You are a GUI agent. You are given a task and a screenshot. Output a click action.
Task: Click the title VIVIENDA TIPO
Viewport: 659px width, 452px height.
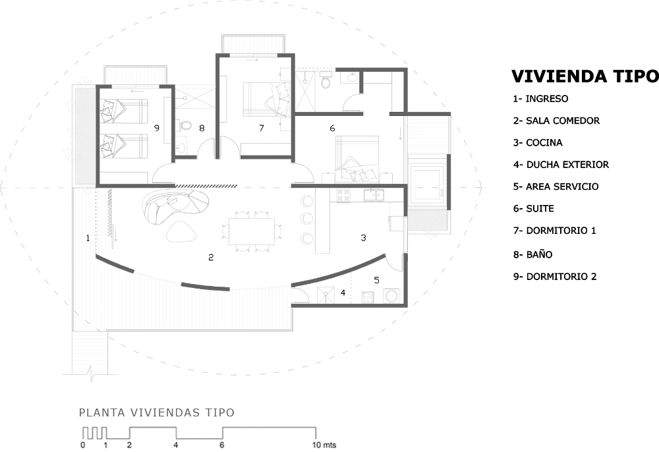click(585, 76)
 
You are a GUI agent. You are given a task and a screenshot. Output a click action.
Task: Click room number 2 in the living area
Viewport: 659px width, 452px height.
click(211, 258)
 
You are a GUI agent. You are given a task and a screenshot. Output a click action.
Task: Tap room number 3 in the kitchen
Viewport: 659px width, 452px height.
click(363, 237)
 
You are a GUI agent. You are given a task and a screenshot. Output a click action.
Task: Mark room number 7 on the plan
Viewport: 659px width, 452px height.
click(261, 128)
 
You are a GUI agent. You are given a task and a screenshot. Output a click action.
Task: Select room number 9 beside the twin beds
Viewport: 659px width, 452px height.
click(156, 128)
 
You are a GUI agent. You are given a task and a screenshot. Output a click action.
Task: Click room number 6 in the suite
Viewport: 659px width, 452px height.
click(332, 128)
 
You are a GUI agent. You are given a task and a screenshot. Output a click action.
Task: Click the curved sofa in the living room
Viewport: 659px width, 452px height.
click(175, 204)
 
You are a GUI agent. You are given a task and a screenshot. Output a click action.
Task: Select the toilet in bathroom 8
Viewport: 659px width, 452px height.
click(185, 125)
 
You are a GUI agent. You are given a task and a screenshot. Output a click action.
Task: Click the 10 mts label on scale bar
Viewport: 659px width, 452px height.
click(324, 445)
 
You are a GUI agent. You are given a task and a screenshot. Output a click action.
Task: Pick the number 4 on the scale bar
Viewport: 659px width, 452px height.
click(175, 445)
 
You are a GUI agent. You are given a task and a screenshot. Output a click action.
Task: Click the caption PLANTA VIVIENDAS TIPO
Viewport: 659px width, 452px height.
click(156, 413)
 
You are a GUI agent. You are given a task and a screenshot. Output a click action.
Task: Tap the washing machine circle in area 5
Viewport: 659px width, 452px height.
click(391, 296)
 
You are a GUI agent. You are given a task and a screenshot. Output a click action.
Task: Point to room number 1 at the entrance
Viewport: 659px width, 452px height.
click(88, 237)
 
